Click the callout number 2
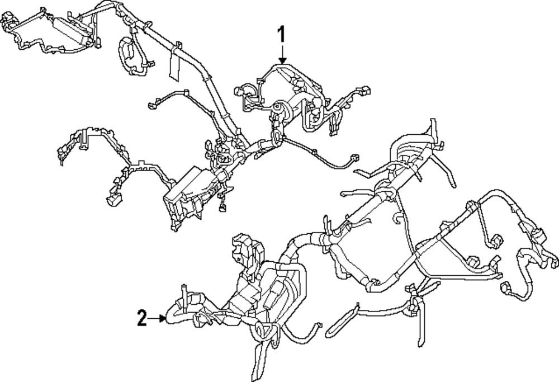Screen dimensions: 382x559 [x=142, y=319]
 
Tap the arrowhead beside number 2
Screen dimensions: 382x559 [x=163, y=319]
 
